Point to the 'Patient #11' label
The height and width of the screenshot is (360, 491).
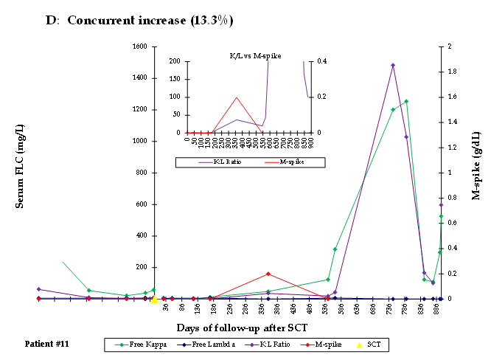pos(47,344)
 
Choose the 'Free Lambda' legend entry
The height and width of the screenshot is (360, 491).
pos(203,345)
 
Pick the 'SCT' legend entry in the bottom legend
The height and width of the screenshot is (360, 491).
pos(369,345)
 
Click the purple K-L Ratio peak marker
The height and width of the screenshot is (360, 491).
pos(393,65)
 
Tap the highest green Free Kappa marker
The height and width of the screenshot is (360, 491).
pos(406,101)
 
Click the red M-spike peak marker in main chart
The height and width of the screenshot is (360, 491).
pos(268,274)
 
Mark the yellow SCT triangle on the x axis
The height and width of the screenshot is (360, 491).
pos(154,299)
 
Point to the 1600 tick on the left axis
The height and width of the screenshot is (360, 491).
pos(139,46)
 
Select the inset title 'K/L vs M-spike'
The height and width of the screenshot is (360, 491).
pos(248,55)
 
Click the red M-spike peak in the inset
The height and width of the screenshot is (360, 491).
pos(237,97)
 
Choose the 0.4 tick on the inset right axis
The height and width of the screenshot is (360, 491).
pos(313,61)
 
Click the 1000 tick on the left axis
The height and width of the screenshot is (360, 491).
pos(139,141)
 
